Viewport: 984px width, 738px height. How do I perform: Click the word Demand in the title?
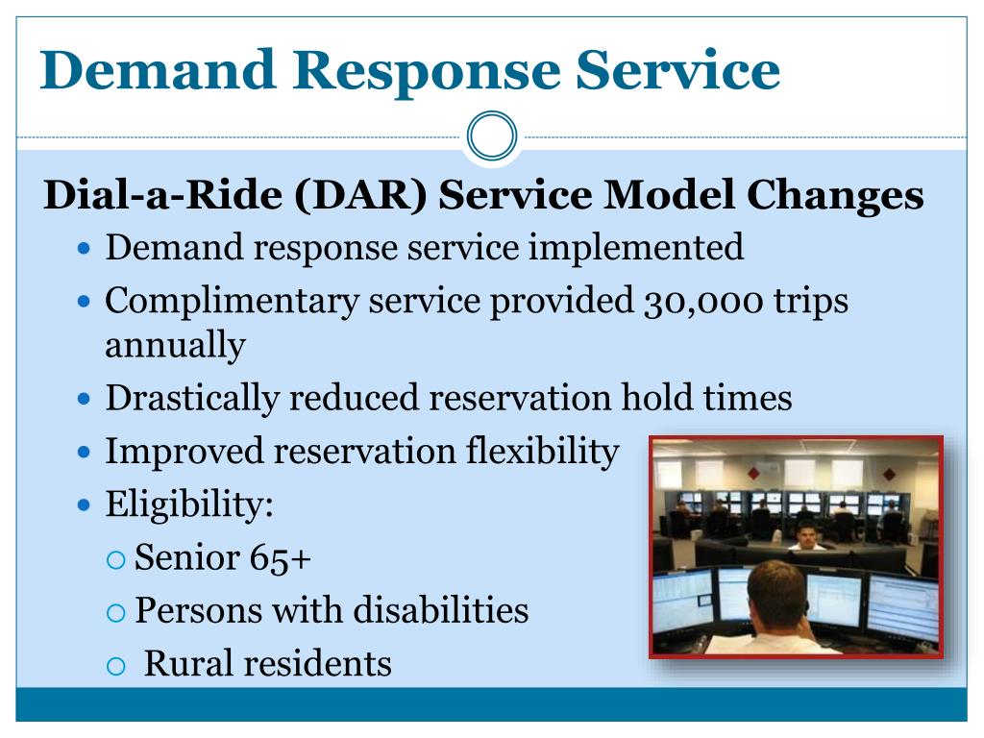pyautogui.click(x=159, y=69)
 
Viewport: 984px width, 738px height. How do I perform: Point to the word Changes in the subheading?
pyautogui.click(x=835, y=196)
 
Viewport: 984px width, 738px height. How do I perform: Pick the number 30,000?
pyautogui.click(x=702, y=301)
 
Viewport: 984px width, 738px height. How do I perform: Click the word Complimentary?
pyautogui.click(x=232, y=302)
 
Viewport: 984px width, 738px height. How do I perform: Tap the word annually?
pyautogui.click(x=175, y=345)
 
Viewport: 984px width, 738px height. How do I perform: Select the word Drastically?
pyautogui.click(x=192, y=399)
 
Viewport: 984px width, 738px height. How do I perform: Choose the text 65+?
pyautogui.click(x=280, y=557)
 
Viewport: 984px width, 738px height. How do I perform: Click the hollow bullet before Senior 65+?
pyautogui.click(x=116, y=560)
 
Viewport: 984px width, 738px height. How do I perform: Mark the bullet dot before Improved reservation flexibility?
pyautogui.click(x=85, y=452)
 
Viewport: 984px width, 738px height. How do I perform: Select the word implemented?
pyautogui.click(x=636, y=248)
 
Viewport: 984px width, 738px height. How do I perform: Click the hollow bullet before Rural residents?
pyautogui.click(x=116, y=666)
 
